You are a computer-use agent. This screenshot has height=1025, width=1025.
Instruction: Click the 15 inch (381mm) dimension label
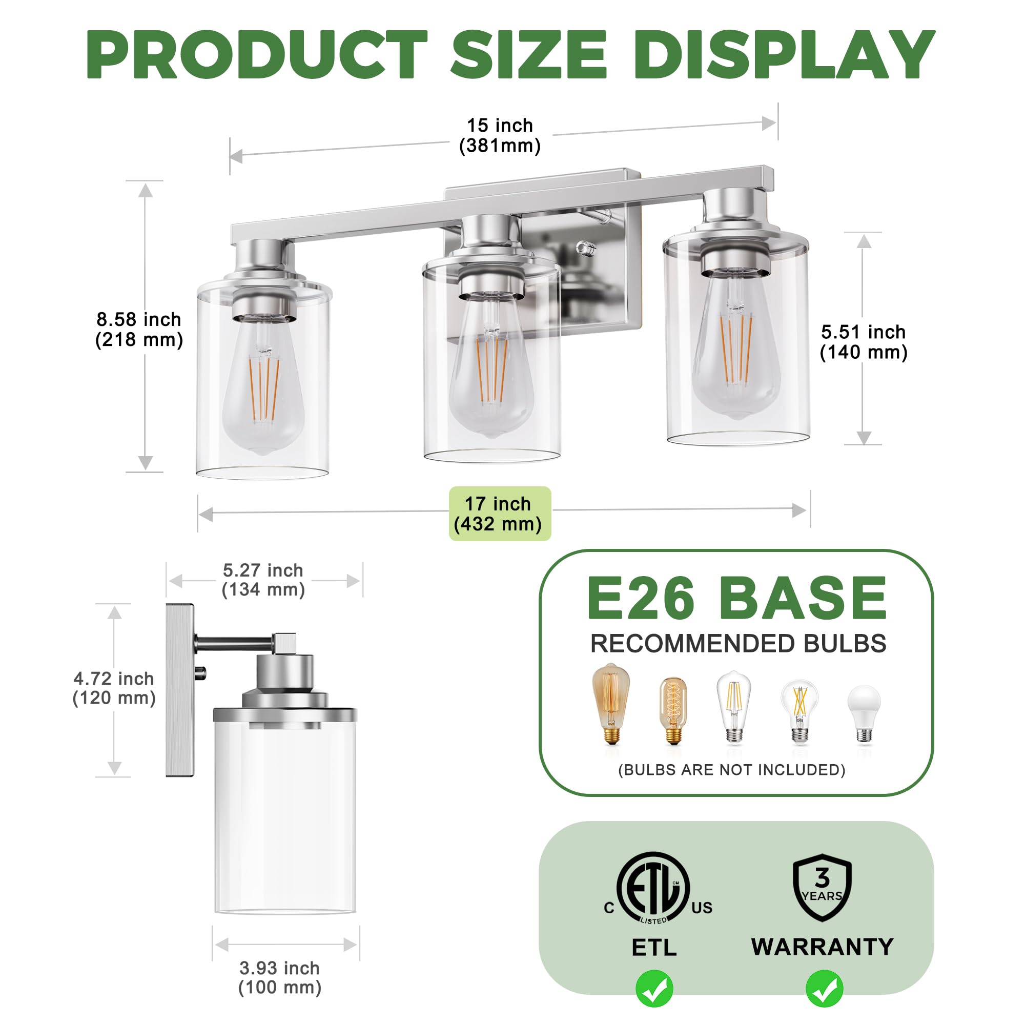[500, 135]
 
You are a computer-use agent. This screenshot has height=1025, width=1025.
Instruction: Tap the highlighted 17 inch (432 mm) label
[499, 514]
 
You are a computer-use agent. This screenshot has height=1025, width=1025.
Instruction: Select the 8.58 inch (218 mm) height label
[139, 330]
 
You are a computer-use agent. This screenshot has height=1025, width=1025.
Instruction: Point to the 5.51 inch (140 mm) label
[863, 342]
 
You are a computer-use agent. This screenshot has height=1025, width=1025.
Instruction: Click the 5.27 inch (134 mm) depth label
[263, 580]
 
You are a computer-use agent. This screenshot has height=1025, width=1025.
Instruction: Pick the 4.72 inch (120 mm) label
[114, 688]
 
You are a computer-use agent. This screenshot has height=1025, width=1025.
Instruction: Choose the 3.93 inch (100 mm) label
[280, 978]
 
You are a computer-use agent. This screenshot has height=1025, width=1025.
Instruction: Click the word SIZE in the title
[528, 54]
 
